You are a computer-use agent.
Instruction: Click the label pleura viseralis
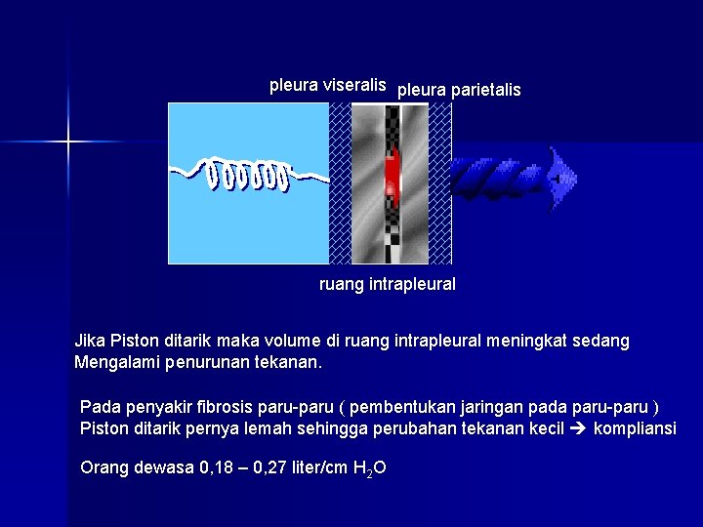[x=328, y=85]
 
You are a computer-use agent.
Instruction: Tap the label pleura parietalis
[x=459, y=90]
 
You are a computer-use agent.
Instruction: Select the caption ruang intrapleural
[x=388, y=285]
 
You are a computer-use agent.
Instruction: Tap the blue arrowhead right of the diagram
[x=561, y=179]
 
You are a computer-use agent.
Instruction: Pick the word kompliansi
[x=635, y=429]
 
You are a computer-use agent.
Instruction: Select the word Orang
[x=103, y=467]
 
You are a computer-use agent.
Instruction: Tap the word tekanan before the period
[x=289, y=363]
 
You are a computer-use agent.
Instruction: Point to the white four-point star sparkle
[x=68, y=143]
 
